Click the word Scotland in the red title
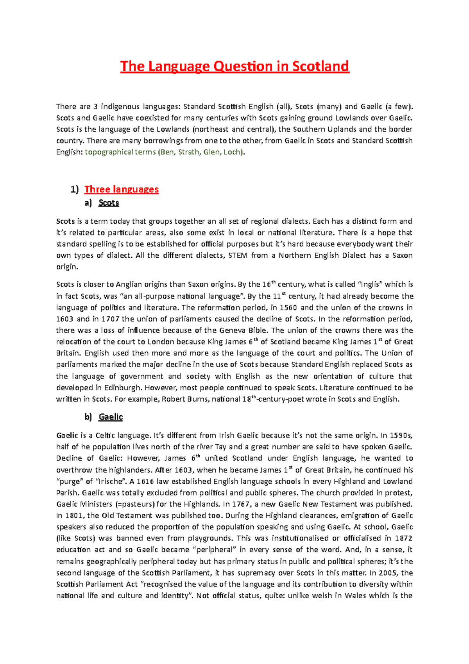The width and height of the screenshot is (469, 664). pyautogui.click(x=320, y=66)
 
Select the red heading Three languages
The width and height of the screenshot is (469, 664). pyautogui.click(x=122, y=190)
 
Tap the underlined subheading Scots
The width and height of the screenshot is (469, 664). pyautogui.click(x=109, y=203)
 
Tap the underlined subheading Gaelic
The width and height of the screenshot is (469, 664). pyautogui.click(x=111, y=417)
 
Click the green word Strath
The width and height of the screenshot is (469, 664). pyautogui.click(x=189, y=152)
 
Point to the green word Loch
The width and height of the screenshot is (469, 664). pyautogui.click(x=232, y=152)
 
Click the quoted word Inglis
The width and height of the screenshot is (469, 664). pyautogui.click(x=371, y=284)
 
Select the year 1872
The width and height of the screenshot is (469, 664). pyautogui.click(x=404, y=538)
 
